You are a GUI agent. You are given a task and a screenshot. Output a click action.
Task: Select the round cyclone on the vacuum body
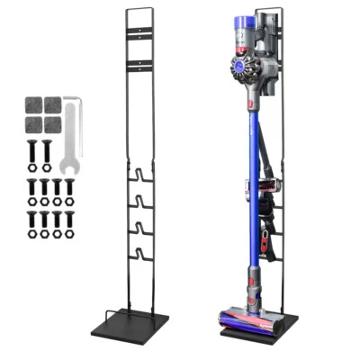click(236, 68)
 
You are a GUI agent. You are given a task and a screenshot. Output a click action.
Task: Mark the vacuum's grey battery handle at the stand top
click(266, 36)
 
